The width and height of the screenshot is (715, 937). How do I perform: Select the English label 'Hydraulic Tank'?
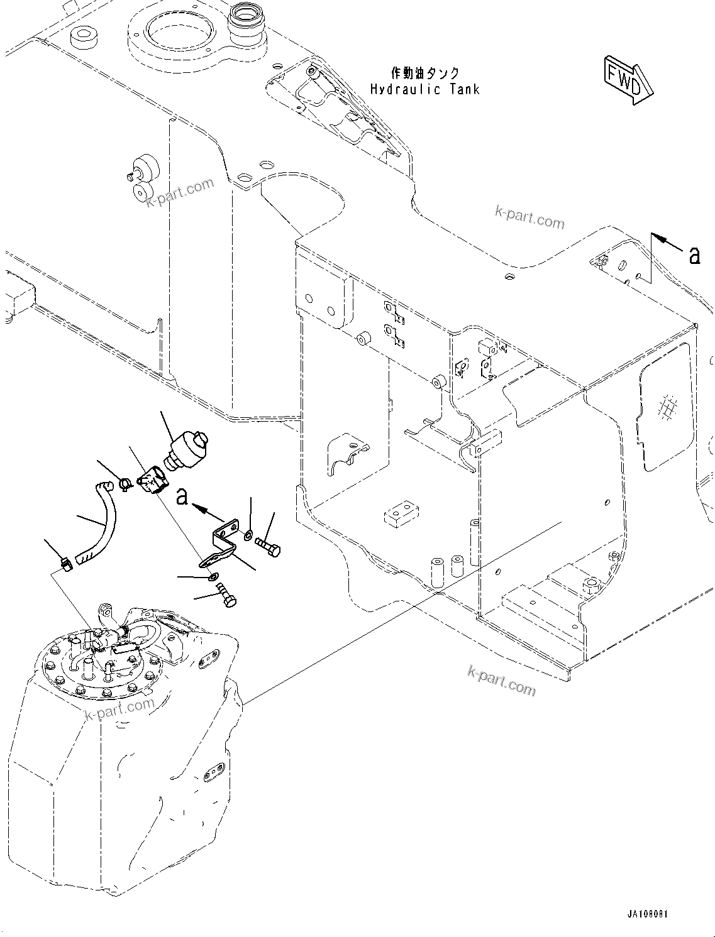424,89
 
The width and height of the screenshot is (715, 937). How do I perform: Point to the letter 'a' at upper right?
694,255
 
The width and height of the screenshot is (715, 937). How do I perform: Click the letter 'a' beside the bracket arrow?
182,497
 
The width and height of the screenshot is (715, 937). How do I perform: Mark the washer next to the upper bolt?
250,535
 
